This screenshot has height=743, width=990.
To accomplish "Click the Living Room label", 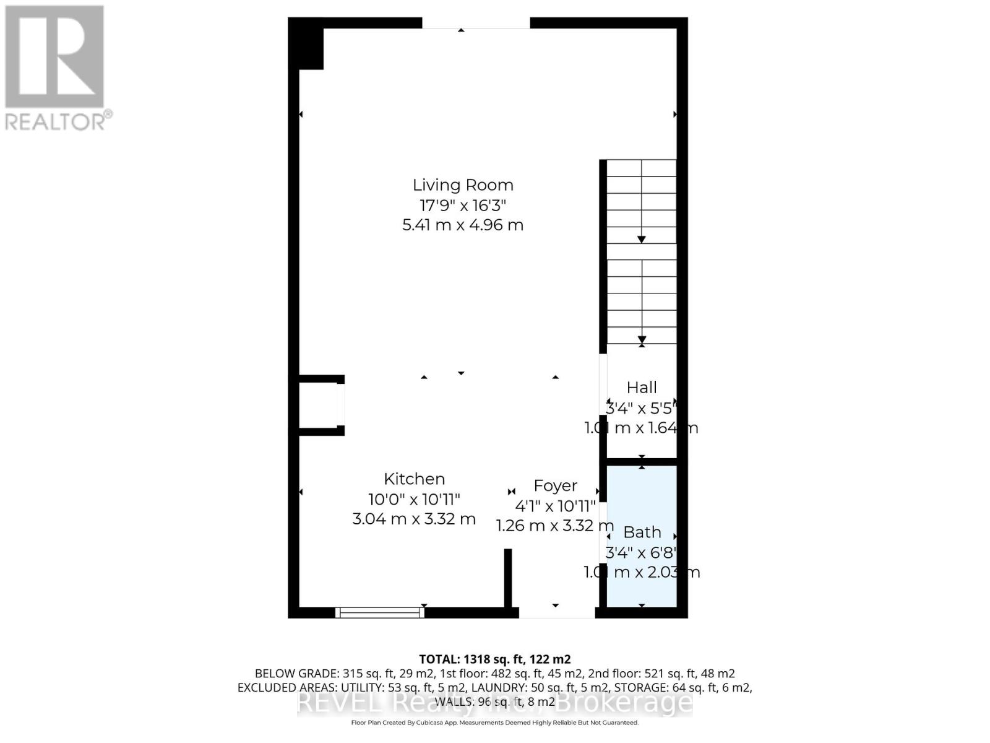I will point(463,185).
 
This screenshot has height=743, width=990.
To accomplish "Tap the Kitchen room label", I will point(414,479).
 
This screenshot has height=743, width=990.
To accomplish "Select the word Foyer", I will point(555,485).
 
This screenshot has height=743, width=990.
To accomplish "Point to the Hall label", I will point(642,388).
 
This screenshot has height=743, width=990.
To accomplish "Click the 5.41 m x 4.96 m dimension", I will point(463,225).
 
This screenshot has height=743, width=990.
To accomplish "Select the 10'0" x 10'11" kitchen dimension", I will point(414,499).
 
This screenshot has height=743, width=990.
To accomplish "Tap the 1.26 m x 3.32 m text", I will point(554,526).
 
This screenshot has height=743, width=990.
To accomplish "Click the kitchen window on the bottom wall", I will point(379,612).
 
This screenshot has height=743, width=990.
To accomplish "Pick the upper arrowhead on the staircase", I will point(642,239).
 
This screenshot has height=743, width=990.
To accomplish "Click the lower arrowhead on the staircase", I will point(642,339).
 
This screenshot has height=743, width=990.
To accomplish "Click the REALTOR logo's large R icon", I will point(54,56).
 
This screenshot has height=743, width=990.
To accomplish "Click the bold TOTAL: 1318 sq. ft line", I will point(494,659).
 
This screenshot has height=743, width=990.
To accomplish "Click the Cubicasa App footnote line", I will point(494,723).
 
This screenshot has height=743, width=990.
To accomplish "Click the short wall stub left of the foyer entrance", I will point(508,578).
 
